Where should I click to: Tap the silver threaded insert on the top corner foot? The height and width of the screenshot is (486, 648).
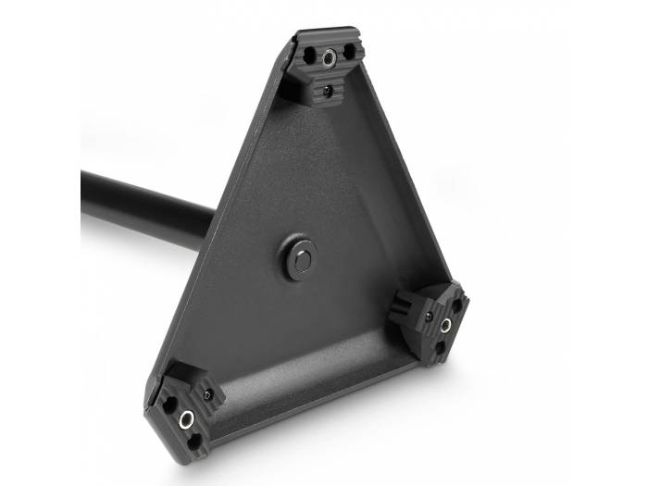click(330, 58)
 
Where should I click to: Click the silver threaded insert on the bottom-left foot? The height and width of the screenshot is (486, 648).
click(186, 419)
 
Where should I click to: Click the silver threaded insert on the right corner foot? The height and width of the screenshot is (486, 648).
click(445, 324)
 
